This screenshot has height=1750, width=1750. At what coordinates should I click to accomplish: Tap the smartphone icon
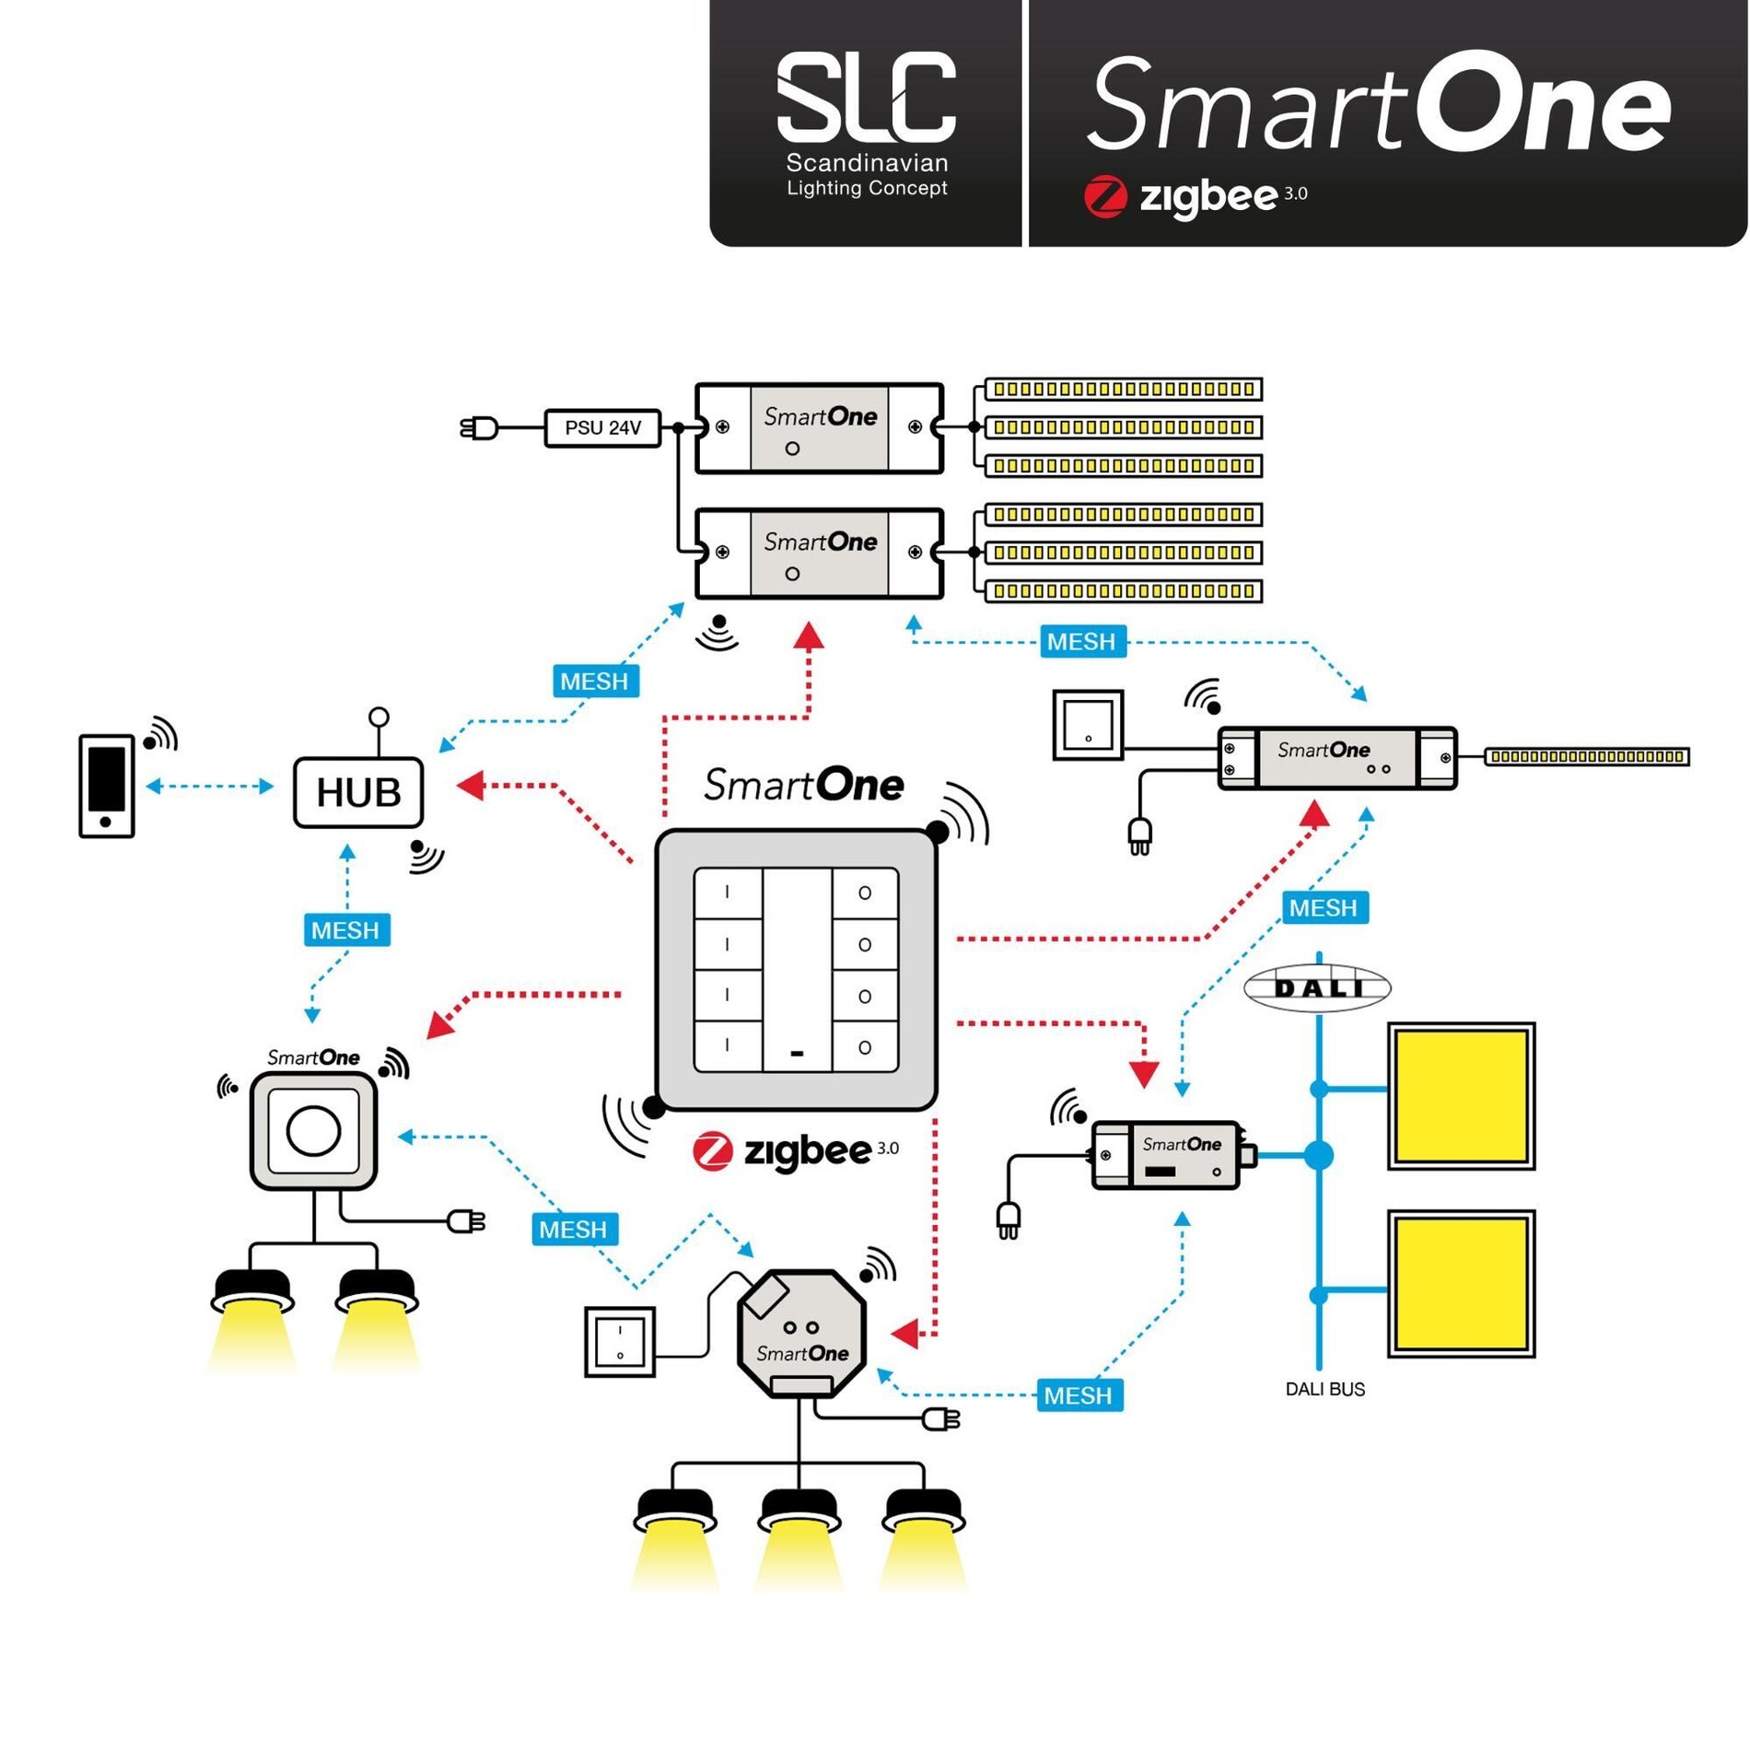(107, 786)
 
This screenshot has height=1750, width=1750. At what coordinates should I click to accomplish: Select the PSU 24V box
(602, 428)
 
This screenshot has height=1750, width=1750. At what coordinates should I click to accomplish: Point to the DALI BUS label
(1324, 1389)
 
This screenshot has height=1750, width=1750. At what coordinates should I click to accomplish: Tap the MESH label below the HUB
(346, 930)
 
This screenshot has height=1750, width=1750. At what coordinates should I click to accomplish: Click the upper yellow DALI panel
(1461, 1096)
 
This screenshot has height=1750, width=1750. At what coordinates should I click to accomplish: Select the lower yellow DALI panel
(1461, 1284)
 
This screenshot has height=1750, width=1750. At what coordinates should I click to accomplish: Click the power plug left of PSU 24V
(479, 428)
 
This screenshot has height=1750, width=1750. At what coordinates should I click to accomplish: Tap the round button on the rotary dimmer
(313, 1131)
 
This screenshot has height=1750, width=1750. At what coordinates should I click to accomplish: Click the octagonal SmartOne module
(801, 1333)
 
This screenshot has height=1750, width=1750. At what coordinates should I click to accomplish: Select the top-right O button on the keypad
(865, 893)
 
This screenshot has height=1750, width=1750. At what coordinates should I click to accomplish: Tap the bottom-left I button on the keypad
(728, 1046)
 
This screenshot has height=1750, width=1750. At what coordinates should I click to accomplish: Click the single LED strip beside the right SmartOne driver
(1586, 757)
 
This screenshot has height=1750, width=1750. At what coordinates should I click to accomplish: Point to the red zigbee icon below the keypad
(712, 1150)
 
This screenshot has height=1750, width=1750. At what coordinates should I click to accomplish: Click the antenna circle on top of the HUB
(379, 717)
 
